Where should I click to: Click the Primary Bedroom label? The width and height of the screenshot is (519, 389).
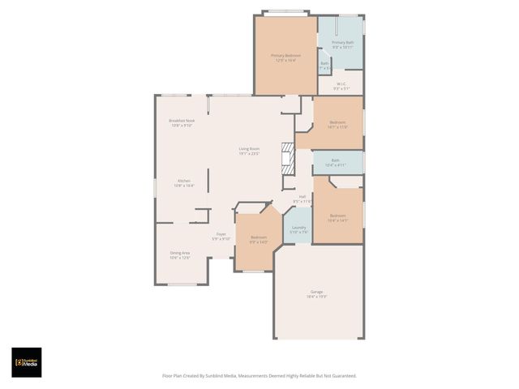pos(285,55)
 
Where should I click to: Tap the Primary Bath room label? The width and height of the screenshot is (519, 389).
pos(342,42)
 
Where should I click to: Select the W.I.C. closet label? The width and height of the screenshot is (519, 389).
pos(341,83)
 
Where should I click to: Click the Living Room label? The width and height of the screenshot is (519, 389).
pos(249,148)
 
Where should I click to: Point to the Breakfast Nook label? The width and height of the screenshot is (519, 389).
pos(181,121)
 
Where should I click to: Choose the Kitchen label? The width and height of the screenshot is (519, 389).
pos(184,181)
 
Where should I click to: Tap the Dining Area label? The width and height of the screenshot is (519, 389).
pos(180,253)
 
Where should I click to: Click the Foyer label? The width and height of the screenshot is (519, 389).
pos(221,234)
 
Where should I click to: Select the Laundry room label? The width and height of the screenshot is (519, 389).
pos(298,228)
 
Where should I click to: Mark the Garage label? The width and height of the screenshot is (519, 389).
pos(316,292)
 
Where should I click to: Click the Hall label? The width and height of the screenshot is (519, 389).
pos(302,196)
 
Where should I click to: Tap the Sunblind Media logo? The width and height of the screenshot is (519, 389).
pos(26,362)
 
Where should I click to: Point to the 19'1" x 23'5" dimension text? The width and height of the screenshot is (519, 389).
pos(249,153)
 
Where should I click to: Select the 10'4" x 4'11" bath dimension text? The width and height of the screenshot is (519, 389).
pos(335,165)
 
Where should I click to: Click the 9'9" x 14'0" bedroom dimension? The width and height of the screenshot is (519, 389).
pos(258,242)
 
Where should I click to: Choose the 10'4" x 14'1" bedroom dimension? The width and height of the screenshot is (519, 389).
pos(337,220)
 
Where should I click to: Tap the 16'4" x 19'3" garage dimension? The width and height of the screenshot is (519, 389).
pos(316,297)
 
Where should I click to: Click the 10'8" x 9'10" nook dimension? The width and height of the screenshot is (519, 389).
pos(181,126)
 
